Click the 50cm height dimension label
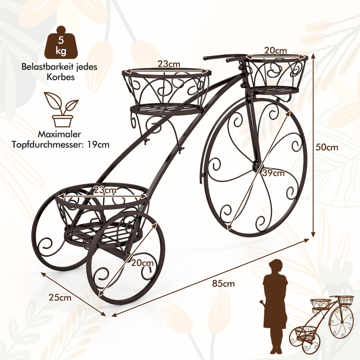click(x=327, y=148)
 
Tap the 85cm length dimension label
click(x=223, y=283)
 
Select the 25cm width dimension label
click(x=60, y=298)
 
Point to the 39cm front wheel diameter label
click(x=273, y=173)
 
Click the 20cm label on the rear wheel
click(x=142, y=263)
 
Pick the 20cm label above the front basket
click(x=275, y=50)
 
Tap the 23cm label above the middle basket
click(x=169, y=64)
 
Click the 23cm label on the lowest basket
click(x=105, y=190)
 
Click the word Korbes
click(x=61, y=77)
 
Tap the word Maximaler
click(x=59, y=134)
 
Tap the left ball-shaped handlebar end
click(x=205, y=58)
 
